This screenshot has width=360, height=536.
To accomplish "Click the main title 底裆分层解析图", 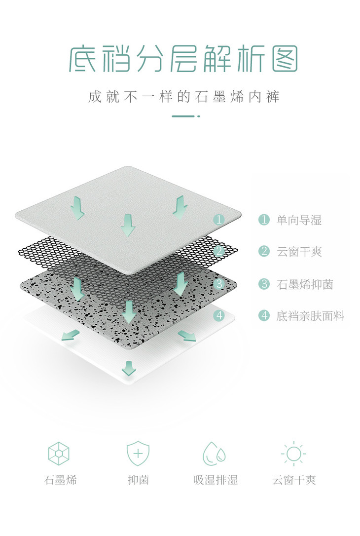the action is click(x=183, y=59).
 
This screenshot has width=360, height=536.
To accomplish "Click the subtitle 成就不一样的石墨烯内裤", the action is click(x=183, y=96).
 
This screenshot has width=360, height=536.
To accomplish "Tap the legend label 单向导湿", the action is click(x=299, y=220).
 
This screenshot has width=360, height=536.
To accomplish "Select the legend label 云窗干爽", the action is click(x=299, y=252).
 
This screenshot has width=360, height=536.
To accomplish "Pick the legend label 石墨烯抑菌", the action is click(x=304, y=284).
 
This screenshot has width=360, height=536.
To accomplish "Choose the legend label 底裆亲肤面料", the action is click(x=310, y=316).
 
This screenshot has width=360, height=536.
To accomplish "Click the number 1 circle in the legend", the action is click(x=264, y=220).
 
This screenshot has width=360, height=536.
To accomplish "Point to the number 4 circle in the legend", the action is click(x=264, y=316).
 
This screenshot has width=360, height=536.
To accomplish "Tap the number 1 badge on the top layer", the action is click(x=219, y=220).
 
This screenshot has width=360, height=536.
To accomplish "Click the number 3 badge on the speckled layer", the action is click(x=219, y=284).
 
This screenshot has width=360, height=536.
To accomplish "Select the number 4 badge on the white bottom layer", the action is click(x=219, y=315).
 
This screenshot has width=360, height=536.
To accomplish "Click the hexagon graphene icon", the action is click(x=59, y=453).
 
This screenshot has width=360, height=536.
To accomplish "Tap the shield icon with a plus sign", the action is click(x=138, y=453).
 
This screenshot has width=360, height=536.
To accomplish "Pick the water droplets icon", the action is click(x=215, y=453).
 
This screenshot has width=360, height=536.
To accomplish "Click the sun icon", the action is click(x=293, y=453).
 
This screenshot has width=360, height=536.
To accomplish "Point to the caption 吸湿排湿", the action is click(x=216, y=480).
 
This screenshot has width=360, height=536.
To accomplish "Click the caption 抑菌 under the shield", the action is click(x=138, y=480).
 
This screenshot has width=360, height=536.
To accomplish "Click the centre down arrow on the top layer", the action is click(x=128, y=225).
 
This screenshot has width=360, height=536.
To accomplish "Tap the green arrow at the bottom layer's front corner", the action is click(x=129, y=368).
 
